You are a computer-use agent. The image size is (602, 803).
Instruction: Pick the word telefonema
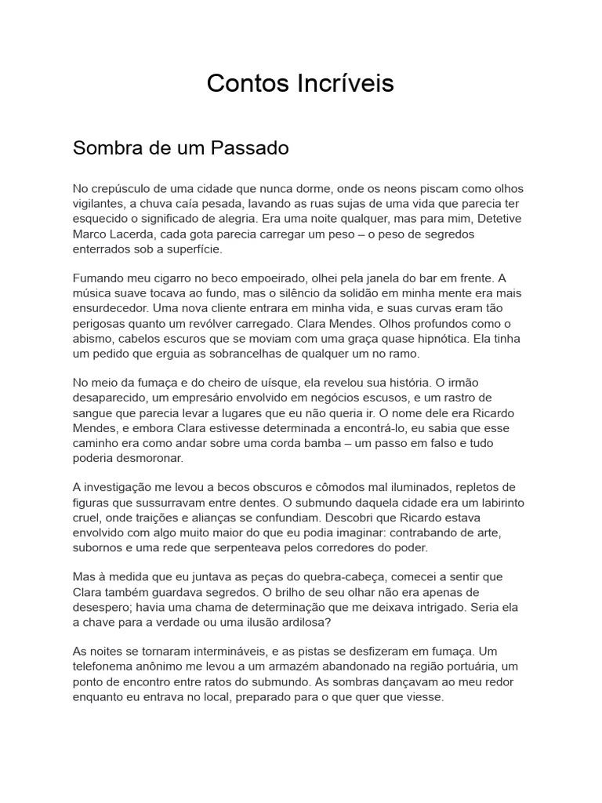tap(105, 667)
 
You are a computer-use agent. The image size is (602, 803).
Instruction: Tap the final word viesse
tap(423, 696)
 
